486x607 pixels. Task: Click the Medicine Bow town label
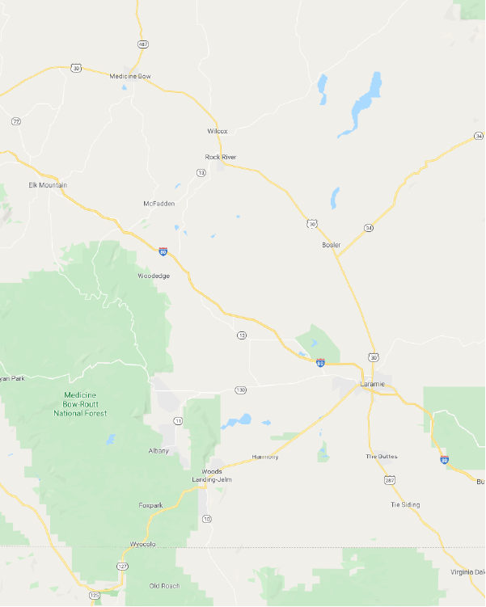130,76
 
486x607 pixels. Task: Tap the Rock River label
221,157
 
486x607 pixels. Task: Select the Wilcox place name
218,131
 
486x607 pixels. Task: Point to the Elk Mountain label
48,185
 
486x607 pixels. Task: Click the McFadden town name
158,203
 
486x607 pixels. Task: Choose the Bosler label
332,244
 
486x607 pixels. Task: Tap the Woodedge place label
154,276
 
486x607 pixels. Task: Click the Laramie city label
371,384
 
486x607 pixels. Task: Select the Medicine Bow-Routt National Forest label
81,403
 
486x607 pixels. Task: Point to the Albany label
158,450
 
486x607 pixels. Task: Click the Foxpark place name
150,505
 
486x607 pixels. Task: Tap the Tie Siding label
405,504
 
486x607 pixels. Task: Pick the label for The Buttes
382,457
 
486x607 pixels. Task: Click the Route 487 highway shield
143,44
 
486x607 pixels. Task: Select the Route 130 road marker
240,390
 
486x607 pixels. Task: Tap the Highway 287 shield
391,480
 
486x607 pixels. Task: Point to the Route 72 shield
15,121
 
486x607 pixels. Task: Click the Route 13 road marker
201,172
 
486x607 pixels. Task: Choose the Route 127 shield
123,567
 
